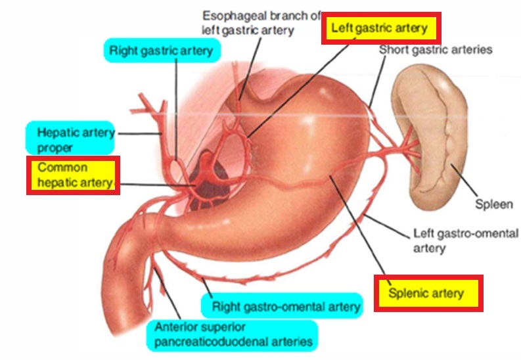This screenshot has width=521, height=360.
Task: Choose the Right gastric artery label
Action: click(x=162, y=50)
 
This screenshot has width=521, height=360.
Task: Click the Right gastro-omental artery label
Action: click(x=285, y=306)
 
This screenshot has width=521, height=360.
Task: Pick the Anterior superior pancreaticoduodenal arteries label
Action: click(x=233, y=334)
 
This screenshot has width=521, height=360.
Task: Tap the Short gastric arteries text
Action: click(x=436, y=50)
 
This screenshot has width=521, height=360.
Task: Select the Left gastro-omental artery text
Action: click(x=465, y=240)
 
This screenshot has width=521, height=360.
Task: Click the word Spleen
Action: click(x=493, y=204)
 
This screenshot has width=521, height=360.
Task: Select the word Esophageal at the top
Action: click(x=230, y=14)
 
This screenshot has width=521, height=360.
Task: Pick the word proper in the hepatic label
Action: click(x=55, y=148)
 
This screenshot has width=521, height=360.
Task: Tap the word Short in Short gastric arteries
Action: click(x=393, y=50)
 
